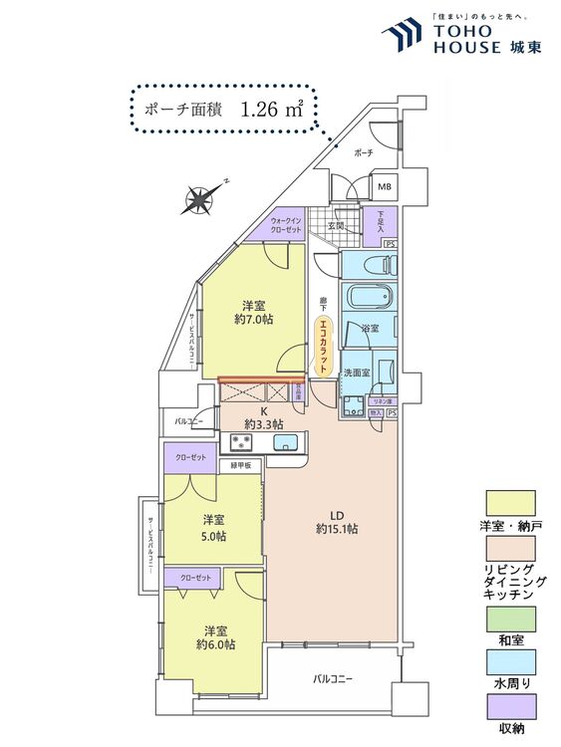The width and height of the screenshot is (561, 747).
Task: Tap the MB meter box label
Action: (384, 185)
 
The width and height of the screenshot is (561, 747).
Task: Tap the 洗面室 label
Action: (357, 372)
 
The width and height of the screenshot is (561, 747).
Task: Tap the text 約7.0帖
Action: (253, 320)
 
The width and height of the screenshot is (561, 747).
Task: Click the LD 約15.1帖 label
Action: (337, 520)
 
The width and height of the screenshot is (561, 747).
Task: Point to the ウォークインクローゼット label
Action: (286, 225)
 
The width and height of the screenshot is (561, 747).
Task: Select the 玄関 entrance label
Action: (336, 226)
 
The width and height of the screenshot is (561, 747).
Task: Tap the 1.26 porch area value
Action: (264, 111)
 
